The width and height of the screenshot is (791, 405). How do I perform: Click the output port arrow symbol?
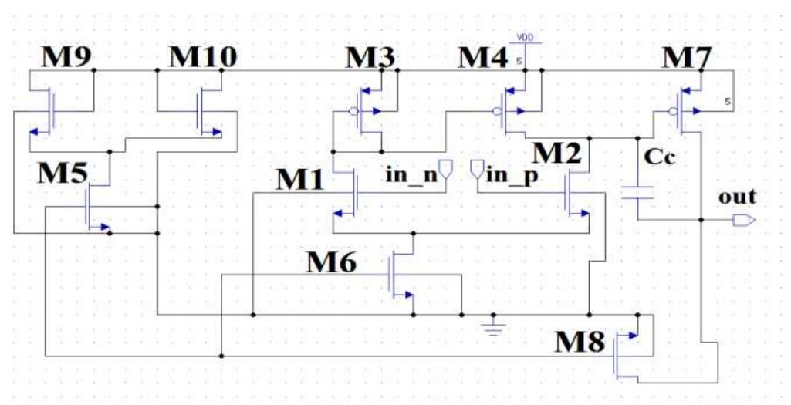click(745, 221)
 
